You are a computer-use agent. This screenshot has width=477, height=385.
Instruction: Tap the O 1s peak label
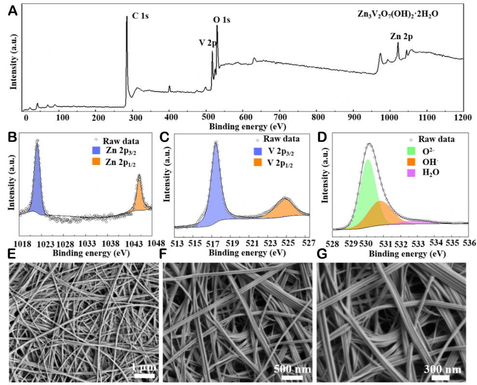222,20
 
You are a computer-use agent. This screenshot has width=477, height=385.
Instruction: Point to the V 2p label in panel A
208,42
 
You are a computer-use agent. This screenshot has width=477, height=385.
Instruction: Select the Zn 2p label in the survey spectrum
401,36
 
